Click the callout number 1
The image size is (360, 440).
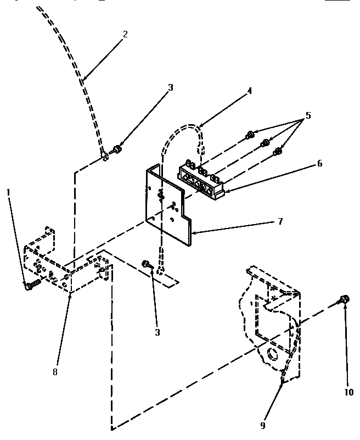(x=9, y=192)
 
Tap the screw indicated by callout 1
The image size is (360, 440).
(x=31, y=285)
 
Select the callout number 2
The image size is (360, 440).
(x=125, y=34)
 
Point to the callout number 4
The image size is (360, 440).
(x=249, y=91)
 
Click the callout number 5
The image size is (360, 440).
(x=308, y=116)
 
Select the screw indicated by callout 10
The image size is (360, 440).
(x=344, y=299)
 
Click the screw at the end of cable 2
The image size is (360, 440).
(x=116, y=148)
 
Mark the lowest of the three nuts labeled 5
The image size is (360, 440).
(x=278, y=151)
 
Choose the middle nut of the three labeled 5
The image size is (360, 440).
(x=264, y=143)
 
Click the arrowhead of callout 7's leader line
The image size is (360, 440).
(x=192, y=233)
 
